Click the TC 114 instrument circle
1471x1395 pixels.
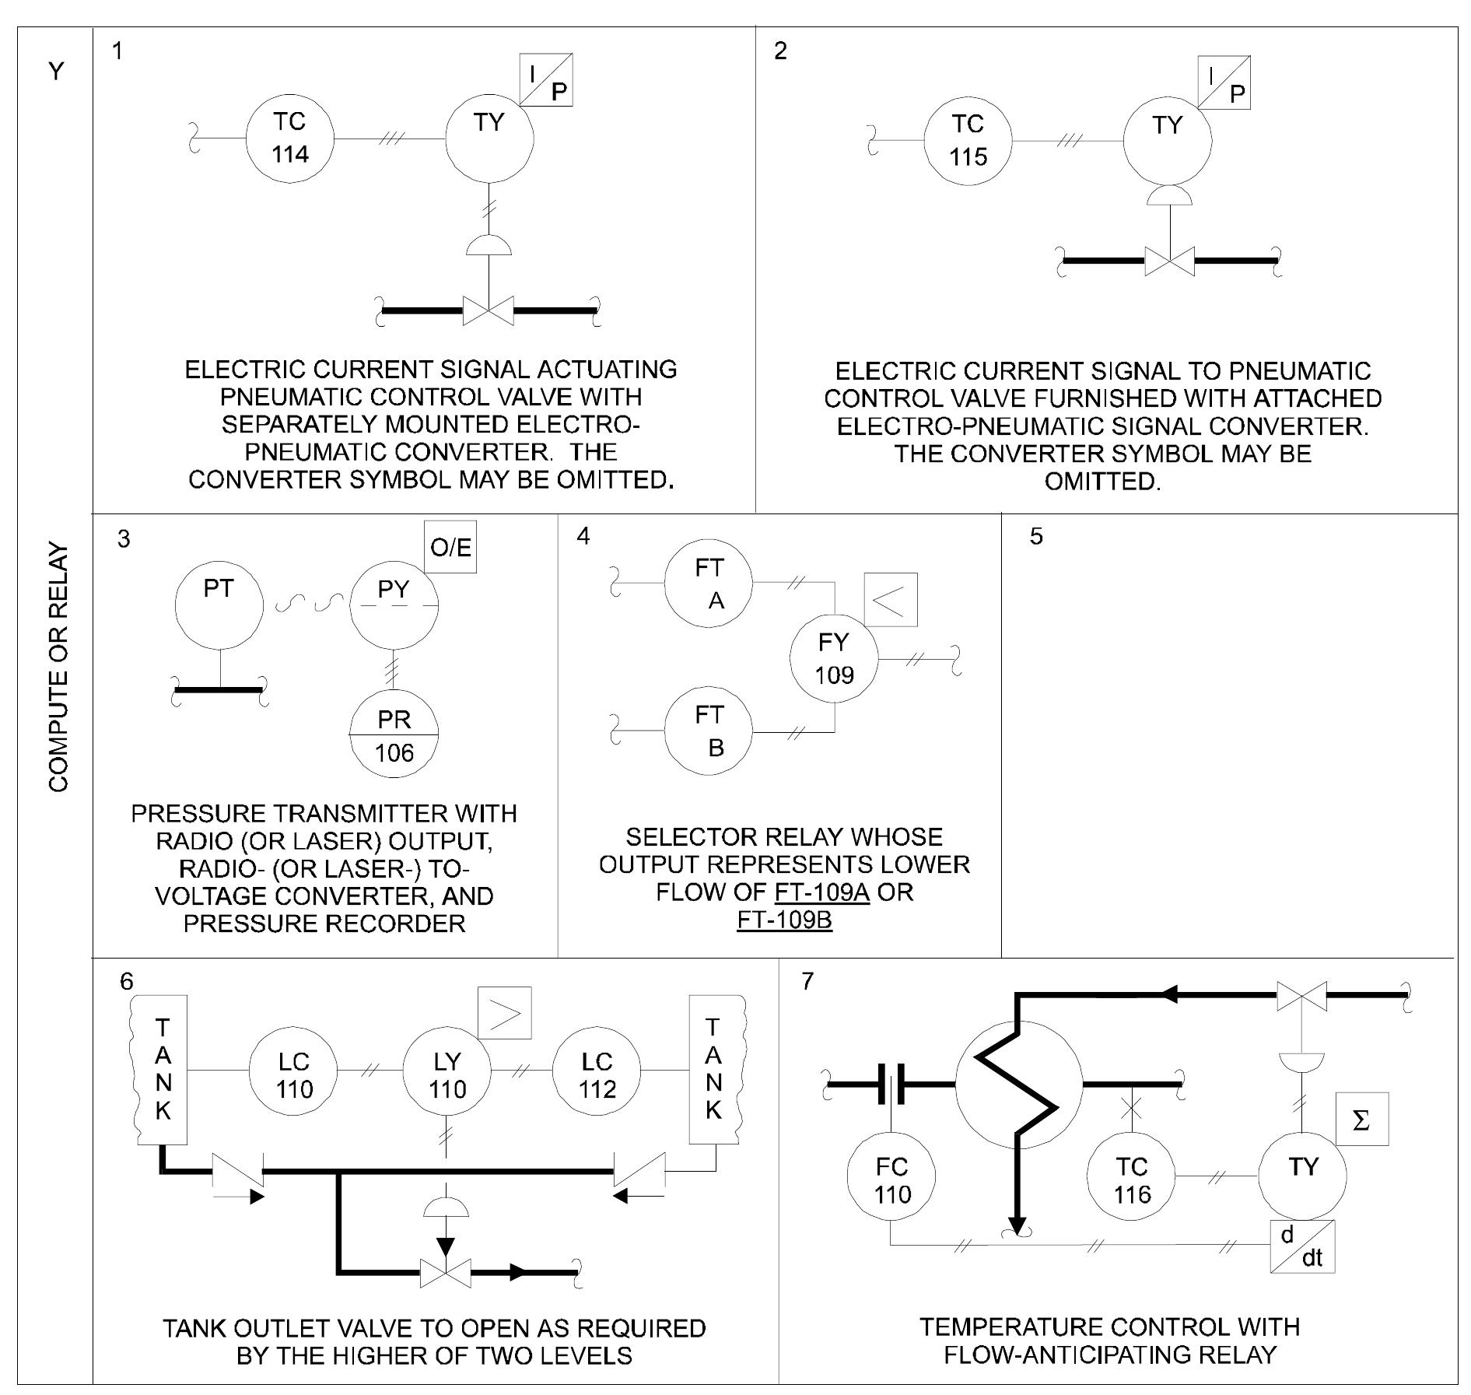pos(289,138)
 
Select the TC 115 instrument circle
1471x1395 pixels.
pos(968,141)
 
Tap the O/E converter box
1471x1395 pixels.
pos(450,548)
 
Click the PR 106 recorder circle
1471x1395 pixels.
pos(394,736)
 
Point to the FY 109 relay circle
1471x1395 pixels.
pos(834,658)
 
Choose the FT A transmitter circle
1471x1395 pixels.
pos(709,584)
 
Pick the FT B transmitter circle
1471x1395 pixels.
pos(709,731)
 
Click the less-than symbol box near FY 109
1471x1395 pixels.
pos(891,600)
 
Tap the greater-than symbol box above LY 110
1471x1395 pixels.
pos(505,1013)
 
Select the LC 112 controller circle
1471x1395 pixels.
pos(597,1075)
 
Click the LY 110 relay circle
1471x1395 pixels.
pos(447,1075)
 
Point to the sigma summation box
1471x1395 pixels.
pos(1361,1120)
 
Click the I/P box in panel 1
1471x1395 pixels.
pos(546,80)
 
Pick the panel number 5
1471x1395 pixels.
pos(1035,536)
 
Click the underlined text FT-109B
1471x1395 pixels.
pos(784,920)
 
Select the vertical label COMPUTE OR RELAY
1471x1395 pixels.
pos(58,667)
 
